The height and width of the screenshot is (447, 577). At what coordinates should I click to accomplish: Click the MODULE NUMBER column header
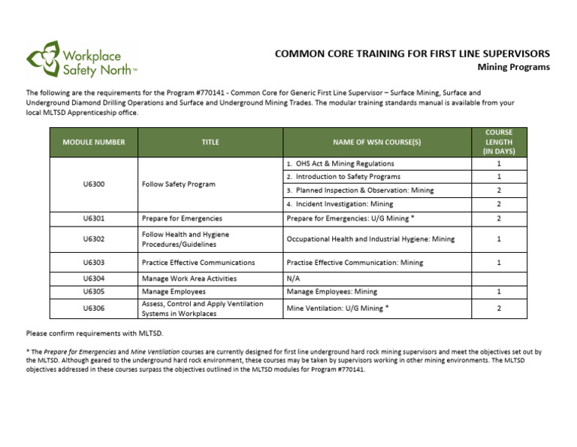(x=94, y=141)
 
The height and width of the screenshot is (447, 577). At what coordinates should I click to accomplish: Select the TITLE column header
(x=210, y=141)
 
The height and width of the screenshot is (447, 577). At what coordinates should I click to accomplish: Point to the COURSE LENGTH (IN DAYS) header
(x=499, y=141)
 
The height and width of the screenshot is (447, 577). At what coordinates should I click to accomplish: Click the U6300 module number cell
(x=94, y=184)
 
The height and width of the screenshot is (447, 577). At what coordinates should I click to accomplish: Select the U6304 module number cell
(x=94, y=278)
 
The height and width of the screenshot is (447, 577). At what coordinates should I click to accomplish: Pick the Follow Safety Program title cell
(x=178, y=184)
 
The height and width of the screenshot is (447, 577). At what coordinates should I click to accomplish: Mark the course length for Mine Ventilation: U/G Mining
(x=499, y=308)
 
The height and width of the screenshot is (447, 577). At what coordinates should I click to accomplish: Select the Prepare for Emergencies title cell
(x=182, y=218)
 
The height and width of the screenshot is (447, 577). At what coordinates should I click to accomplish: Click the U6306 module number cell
(x=94, y=308)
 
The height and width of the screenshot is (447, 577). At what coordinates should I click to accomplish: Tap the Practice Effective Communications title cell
(x=198, y=263)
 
